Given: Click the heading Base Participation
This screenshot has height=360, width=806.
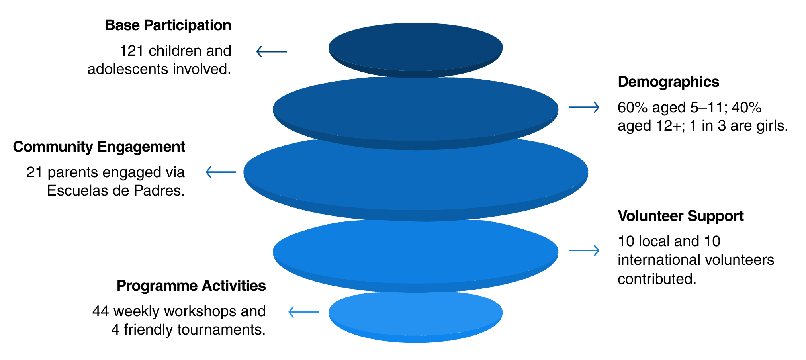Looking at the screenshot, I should coord(168,25).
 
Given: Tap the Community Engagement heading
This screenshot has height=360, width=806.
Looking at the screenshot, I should coord(99,147).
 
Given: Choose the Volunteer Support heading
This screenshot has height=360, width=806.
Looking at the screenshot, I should coord(681,216).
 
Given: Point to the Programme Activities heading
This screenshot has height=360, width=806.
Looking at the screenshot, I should coord(191,286).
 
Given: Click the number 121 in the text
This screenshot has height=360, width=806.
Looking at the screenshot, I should coord(131,51).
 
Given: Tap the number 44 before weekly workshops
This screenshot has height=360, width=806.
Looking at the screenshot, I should coord(100,311).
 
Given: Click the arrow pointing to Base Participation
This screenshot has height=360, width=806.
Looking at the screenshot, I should coord(271,51).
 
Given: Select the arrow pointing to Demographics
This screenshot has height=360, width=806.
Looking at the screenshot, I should coord(584,107).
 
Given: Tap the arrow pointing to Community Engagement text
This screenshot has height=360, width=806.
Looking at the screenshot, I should coord(221,172).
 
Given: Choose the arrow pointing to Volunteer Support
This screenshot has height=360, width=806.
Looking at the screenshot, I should coord(584,250).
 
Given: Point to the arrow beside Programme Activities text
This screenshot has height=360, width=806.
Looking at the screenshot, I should coord(303,312).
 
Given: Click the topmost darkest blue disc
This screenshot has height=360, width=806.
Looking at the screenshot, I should coord(415,47).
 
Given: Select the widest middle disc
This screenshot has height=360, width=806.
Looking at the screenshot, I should coord(415,173).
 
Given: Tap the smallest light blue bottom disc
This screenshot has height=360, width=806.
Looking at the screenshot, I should coord(415,315).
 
